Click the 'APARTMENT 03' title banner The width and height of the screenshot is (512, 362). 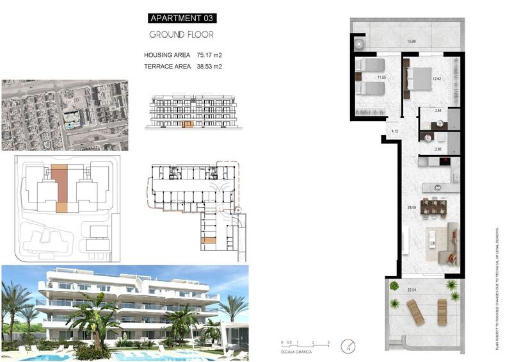tap(182, 19)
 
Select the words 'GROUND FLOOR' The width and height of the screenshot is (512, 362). tap(182, 35)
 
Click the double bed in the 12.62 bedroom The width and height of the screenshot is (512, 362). tap(420, 79)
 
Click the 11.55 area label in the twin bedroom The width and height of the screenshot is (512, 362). tap(382, 78)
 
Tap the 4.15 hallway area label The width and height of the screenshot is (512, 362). tap(395, 131)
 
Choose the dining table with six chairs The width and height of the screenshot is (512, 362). tap(433, 206)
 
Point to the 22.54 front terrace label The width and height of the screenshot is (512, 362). tap(412, 290)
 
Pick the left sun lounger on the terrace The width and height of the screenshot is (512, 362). tap(415, 312)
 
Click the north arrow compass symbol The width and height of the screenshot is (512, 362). tap(348, 346)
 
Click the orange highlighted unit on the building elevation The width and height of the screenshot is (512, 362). tap(188, 124)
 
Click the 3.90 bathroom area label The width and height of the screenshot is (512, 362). tap(438, 149)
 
